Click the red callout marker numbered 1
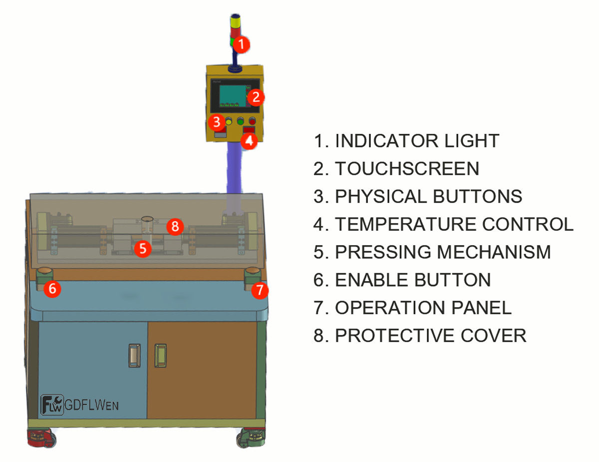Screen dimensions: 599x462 click(x=241, y=44)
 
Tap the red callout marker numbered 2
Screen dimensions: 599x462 click(x=256, y=97)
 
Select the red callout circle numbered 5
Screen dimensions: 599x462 click(x=143, y=249)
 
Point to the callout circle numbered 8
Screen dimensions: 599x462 click(x=175, y=226)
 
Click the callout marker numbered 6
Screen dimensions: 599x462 click(x=52, y=289)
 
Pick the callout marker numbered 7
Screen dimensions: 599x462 click(x=260, y=290)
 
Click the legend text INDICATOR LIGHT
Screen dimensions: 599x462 click(x=417, y=141)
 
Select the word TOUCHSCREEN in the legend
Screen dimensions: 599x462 click(x=407, y=168)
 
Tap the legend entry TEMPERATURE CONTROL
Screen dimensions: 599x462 click(x=454, y=224)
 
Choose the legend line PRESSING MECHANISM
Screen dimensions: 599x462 click(x=443, y=252)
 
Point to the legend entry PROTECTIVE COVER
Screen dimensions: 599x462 click(x=431, y=336)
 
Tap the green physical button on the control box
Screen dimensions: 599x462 click(x=241, y=121)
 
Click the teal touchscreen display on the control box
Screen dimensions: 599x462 click(x=233, y=95)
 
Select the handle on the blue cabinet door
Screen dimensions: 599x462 click(x=134, y=356)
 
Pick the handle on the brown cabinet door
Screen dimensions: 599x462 click(x=160, y=356)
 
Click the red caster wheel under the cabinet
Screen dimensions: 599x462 click(x=41, y=438)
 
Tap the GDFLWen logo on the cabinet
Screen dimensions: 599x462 click(x=79, y=405)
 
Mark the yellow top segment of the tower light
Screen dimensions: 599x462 click(x=235, y=22)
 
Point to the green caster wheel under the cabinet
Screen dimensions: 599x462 click(x=251, y=438)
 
